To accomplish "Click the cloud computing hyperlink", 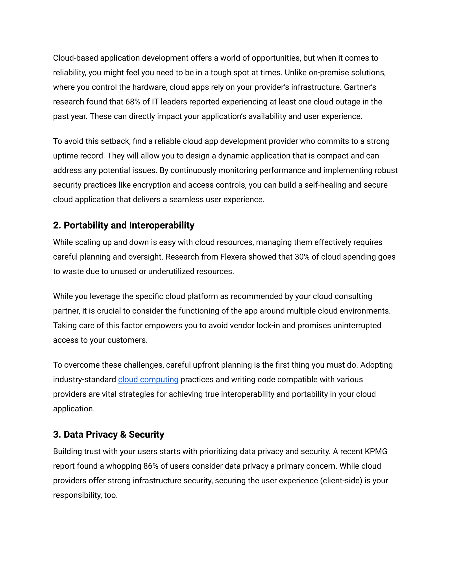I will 148,379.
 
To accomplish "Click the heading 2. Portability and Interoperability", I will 124,225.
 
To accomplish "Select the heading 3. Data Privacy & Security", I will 109,434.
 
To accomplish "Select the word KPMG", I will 376,451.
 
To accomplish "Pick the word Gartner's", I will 360,87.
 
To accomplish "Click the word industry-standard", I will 84,379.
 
